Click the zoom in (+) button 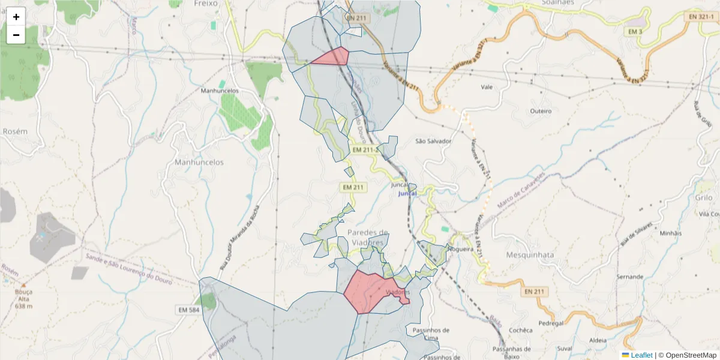pyautogui.click(x=16, y=17)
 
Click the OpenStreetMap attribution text pyautogui.click(x=691, y=355)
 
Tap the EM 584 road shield pyautogui.click(x=188, y=310)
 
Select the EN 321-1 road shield pyautogui.click(x=701, y=17)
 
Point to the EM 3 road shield pyautogui.click(x=635, y=31)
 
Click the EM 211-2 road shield pyautogui.click(x=364, y=149)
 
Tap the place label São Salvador pyautogui.click(x=433, y=141)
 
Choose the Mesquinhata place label pyautogui.click(x=530, y=254)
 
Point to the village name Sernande pyautogui.click(x=630, y=277)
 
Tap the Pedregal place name pyautogui.click(x=551, y=323)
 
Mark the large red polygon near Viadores pyautogui.click(x=369, y=291)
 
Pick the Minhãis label pyautogui.click(x=671, y=233)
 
